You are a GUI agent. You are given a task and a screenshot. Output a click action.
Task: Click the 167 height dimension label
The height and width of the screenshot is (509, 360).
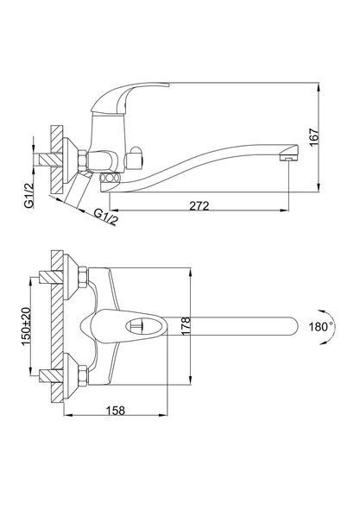(314, 137)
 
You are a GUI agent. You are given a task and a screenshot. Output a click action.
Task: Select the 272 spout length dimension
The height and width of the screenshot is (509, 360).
(199, 206)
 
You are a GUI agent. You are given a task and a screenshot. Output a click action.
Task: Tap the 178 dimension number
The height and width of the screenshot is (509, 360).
(186, 327)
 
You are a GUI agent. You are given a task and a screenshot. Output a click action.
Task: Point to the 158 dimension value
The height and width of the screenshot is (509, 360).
(116, 411)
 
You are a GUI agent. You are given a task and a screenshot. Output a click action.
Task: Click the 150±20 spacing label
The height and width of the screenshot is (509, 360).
(27, 326)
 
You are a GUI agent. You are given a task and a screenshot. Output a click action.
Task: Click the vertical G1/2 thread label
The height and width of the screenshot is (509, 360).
(28, 195)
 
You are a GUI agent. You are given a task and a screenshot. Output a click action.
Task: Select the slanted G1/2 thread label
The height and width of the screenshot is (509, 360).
(106, 217)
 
